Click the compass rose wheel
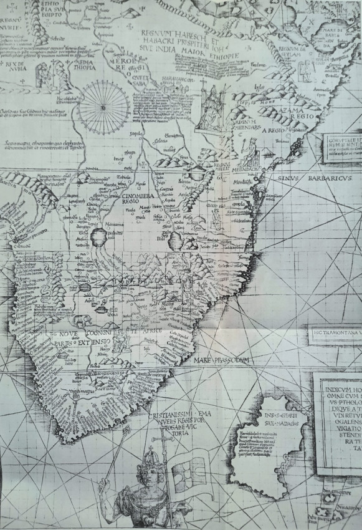click(103, 107)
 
